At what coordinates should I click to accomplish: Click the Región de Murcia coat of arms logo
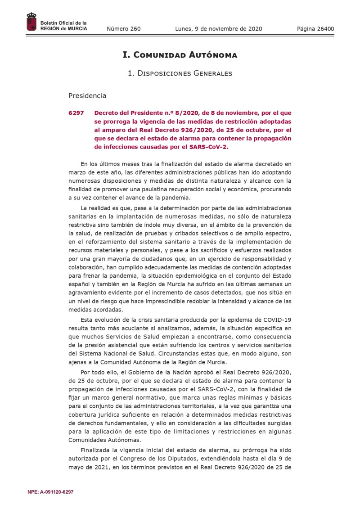click(31, 23)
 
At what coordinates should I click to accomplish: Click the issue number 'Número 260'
click(123, 29)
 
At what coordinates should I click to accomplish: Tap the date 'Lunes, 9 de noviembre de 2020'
click(218, 29)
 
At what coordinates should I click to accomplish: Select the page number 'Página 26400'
click(315, 29)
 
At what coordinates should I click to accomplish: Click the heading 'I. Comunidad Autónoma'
click(180, 55)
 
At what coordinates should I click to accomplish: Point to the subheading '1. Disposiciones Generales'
click(180, 73)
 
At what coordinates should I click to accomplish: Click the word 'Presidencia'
click(87, 95)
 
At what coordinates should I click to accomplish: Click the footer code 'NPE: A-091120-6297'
click(50, 492)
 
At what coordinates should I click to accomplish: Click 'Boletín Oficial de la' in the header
click(63, 23)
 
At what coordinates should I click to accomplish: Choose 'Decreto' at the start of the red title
click(106, 113)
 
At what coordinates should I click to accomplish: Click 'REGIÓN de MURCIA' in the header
click(64, 29)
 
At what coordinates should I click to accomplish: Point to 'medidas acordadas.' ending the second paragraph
click(95, 310)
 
